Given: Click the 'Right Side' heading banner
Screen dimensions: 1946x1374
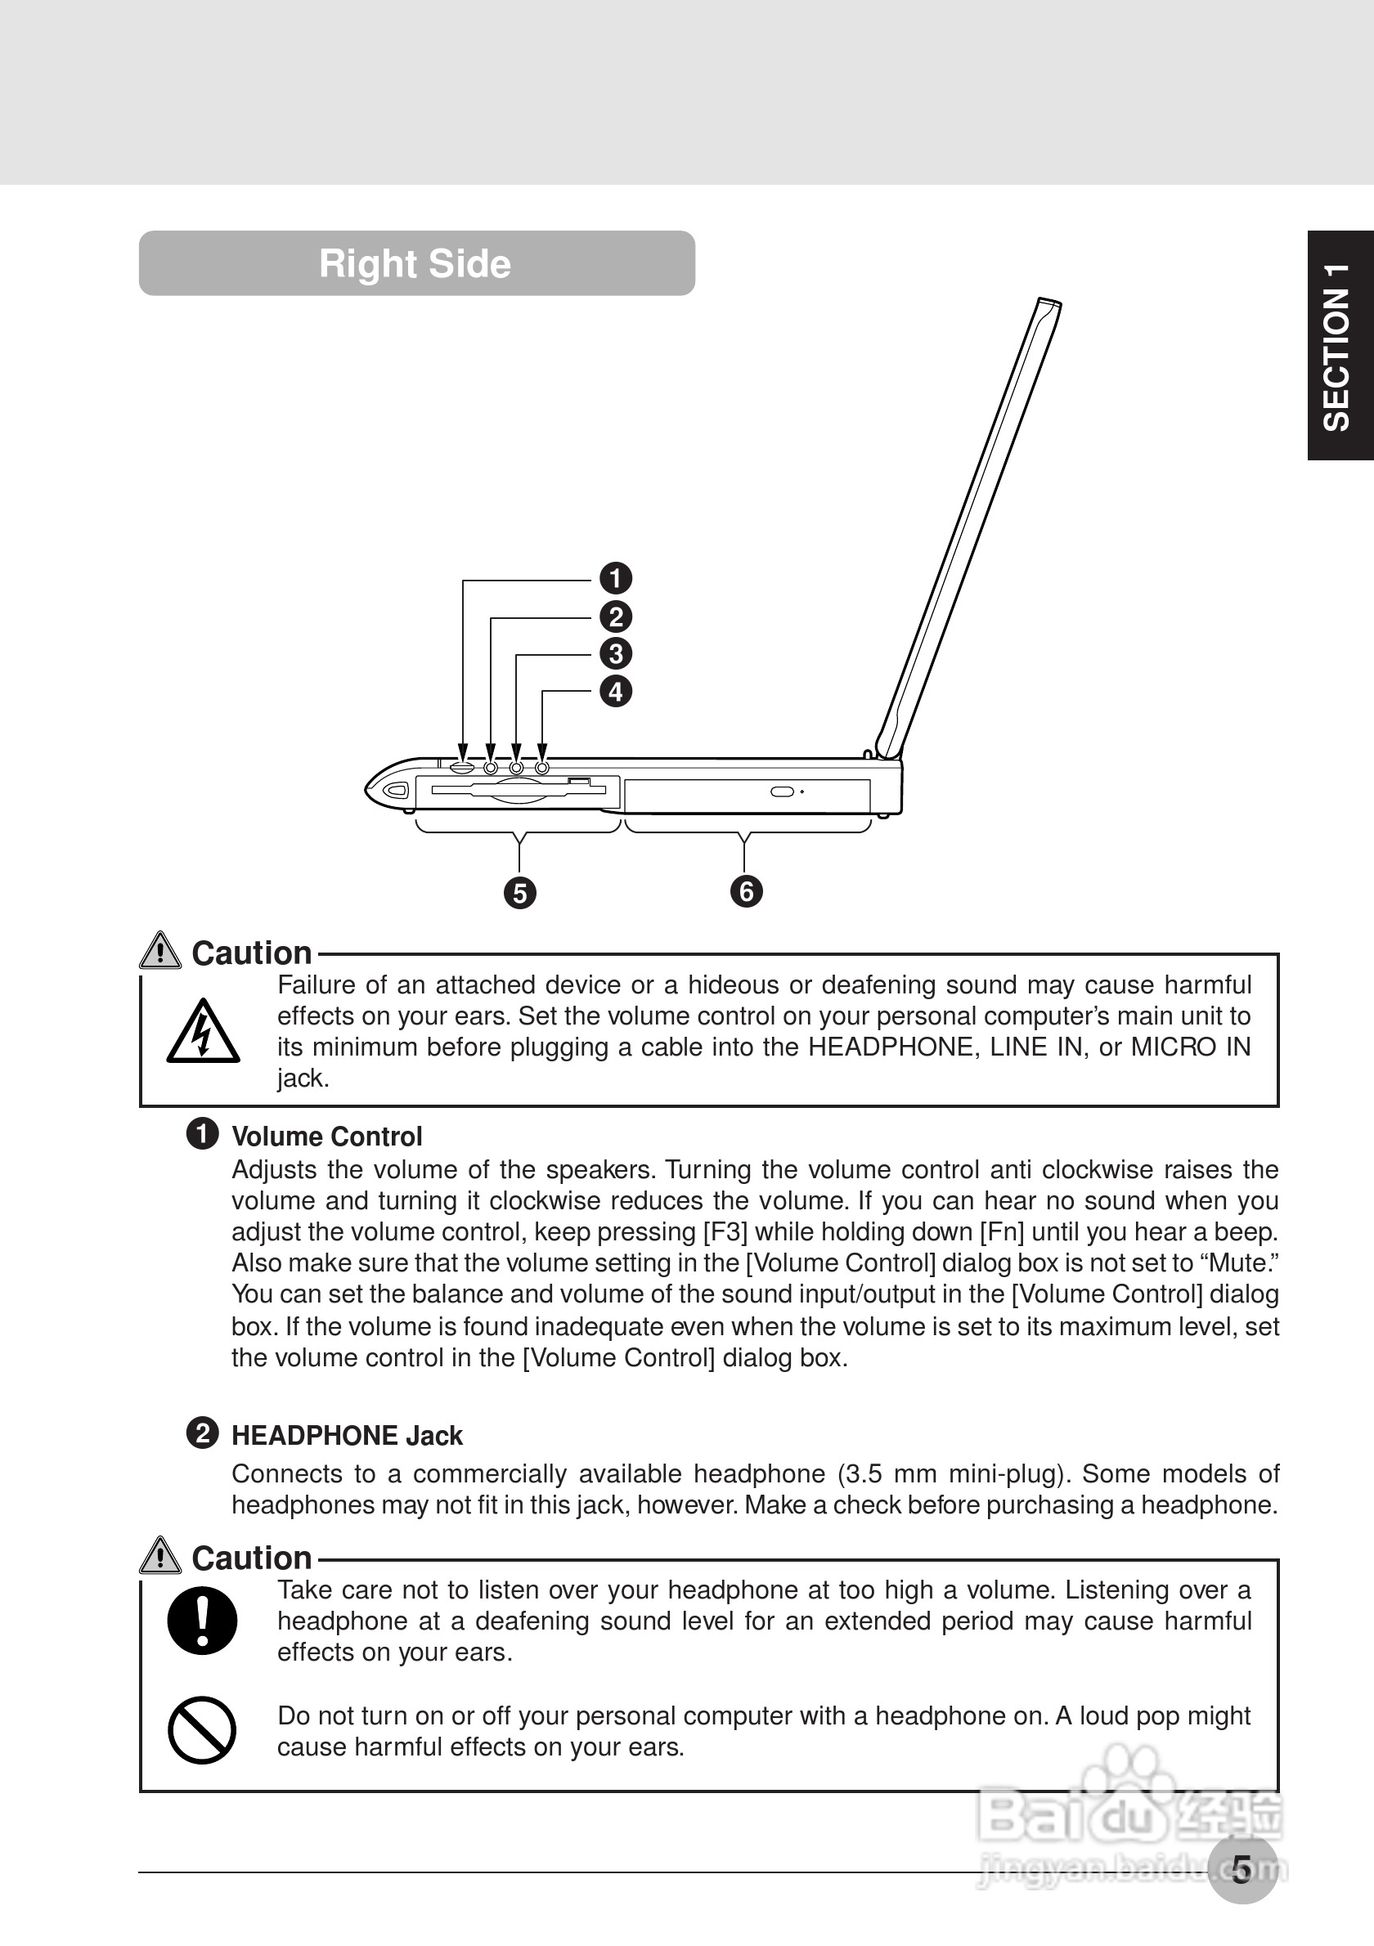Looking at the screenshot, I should pyautogui.click(x=416, y=263).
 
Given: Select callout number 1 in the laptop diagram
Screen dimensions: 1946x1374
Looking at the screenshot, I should pyautogui.click(x=615, y=579).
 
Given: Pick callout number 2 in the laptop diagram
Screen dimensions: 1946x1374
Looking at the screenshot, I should pyautogui.click(x=615, y=617).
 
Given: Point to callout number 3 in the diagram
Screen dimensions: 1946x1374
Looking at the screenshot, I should pyautogui.click(x=615, y=654).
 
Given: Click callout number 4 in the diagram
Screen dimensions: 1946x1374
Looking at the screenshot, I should pyautogui.click(x=615, y=692).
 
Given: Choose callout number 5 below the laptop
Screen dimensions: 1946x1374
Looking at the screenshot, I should pyautogui.click(x=519, y=894).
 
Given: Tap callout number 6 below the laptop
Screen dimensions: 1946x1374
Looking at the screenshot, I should pyautogui.click(x=746, y=891).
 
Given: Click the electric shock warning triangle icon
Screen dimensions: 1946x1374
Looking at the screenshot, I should pyautogui.click(x=203, y=1033).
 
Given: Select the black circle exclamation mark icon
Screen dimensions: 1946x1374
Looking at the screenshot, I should pyautogui.click(x=202, y=1620).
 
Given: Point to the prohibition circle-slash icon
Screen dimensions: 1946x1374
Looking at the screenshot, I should pyautogui.click(x=202, y=1730).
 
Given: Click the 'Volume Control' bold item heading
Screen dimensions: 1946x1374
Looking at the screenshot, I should pyautogui.click(x=326, y=1137).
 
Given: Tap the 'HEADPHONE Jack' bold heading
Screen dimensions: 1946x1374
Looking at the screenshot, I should pyautogui.click(x=347, y=1436).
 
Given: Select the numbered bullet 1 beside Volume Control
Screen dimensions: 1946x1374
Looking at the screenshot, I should pyautogui.click(x=202, y=1134).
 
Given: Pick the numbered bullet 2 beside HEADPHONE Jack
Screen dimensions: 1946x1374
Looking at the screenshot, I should pyautogui.click(x=202, y=1433).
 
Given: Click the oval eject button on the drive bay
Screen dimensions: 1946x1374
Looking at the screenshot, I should pyautogui.click(x=783, y=791).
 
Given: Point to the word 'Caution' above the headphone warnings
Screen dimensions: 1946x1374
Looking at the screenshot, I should pyautogui.click(x=252, y=1558).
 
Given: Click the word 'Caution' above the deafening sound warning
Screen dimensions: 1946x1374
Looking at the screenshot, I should pyautogui.click(x=252, y=953).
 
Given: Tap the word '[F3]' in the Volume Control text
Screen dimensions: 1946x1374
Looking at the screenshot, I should pyautogui.click(x=725, y=1231).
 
